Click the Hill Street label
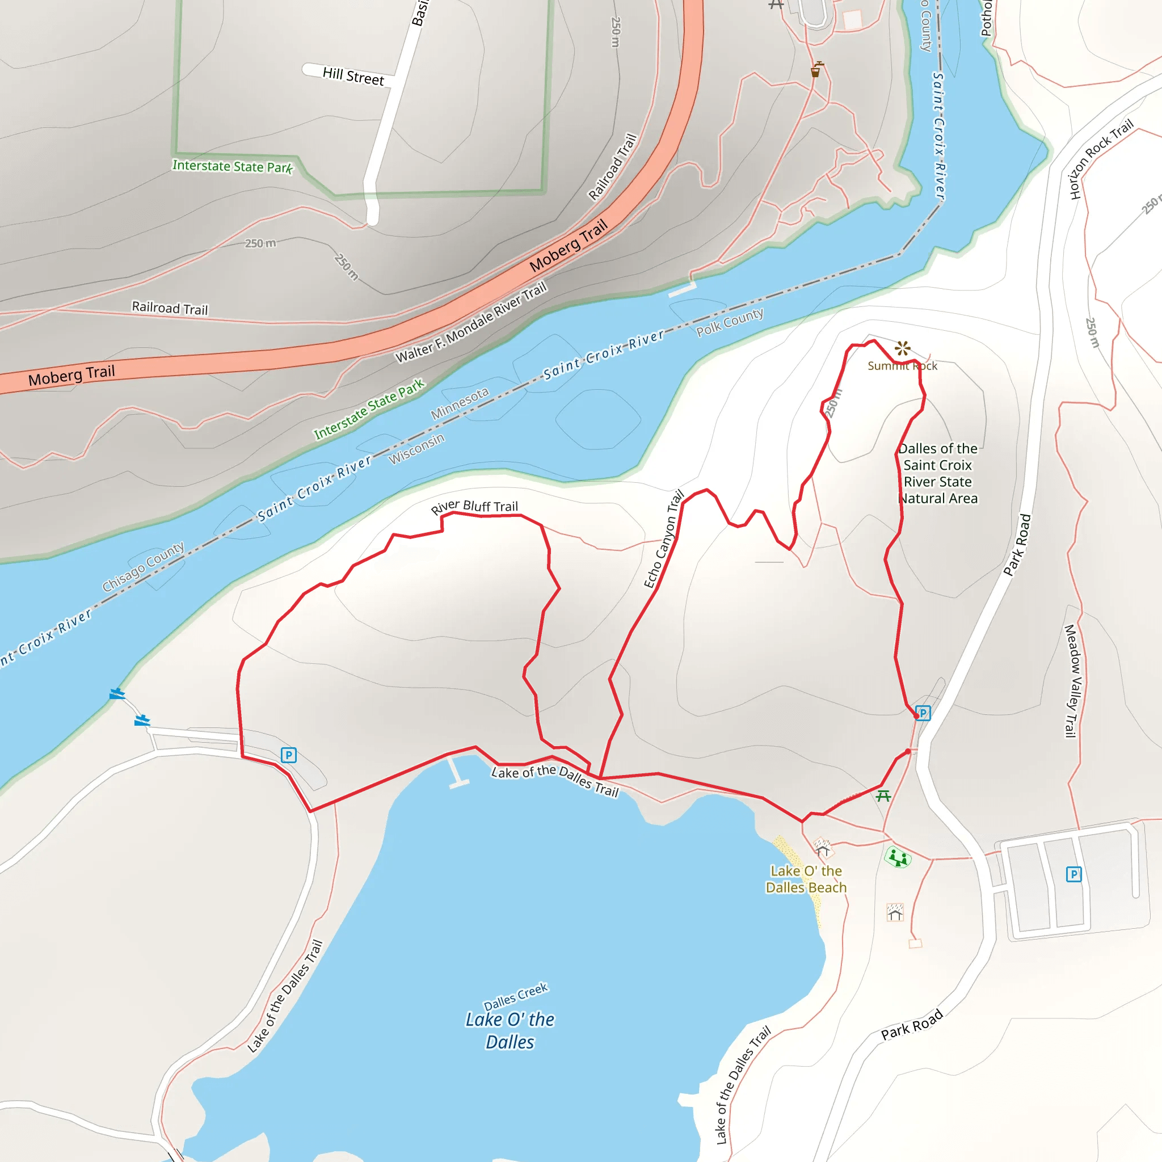tap(353, 77)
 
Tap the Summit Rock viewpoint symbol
tap(902, 348)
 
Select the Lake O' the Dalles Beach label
tap(806, 879)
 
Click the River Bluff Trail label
tap(474, 507)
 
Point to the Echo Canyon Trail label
tap(664, 539)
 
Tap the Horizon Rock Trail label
tap(1101, 159)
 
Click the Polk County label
tap(730, 322)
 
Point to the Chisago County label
tap(143, 567)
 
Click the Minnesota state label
tap(460, 403)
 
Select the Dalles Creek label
tap(515, 996)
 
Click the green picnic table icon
tap(883, 795)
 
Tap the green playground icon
tap(898, 857)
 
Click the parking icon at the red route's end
tap(923, 713)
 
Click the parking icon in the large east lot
tap(1073, 874)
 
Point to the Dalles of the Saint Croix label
tap(938, 473)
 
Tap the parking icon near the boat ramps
tap(289, 755)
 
